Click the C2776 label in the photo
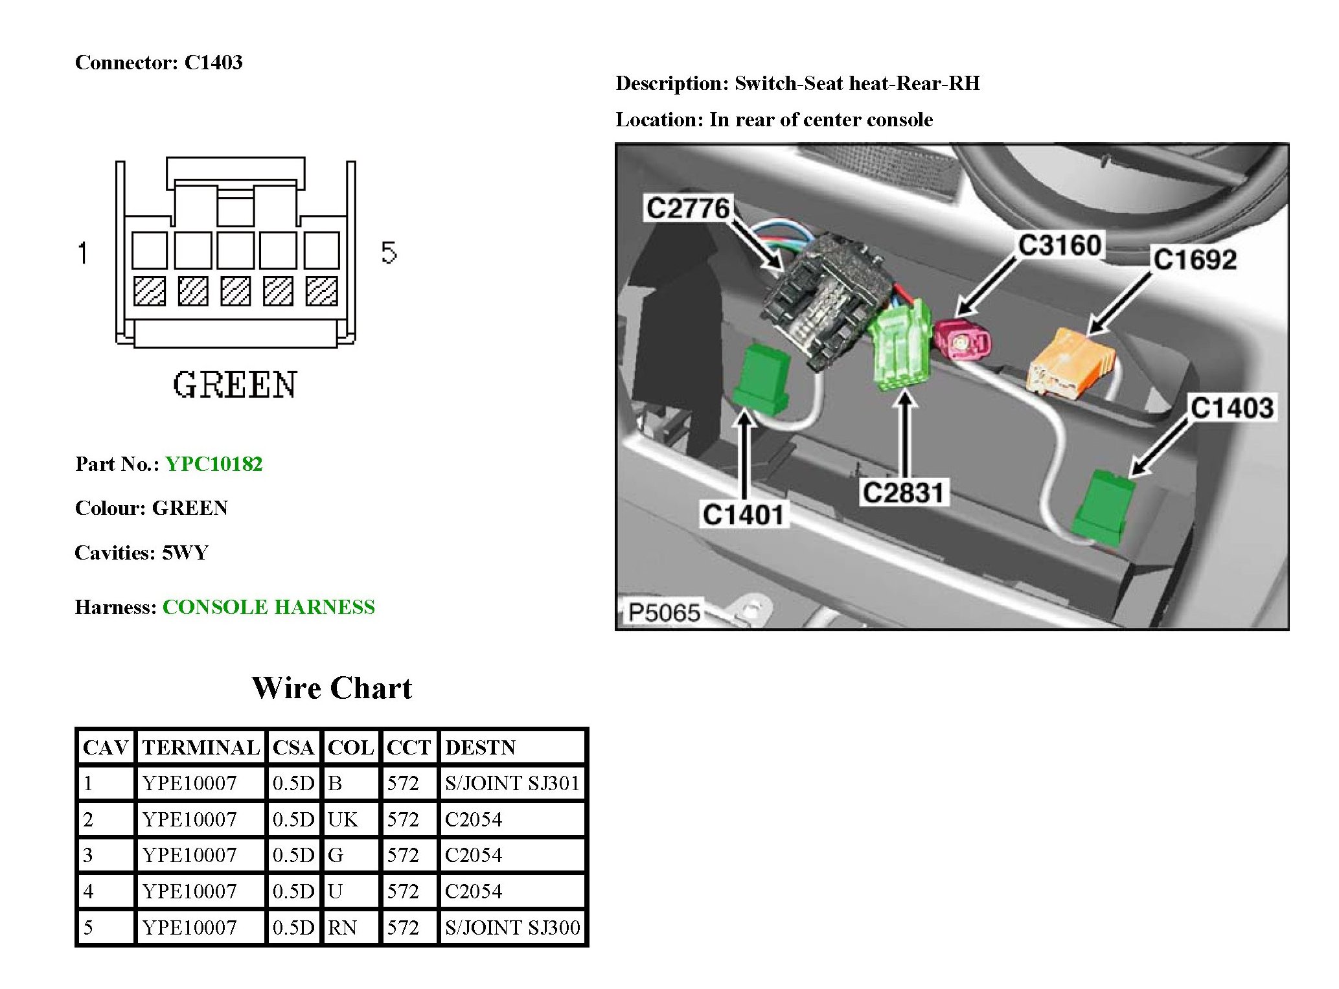(x=688, y=209)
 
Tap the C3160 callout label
(x=1060, y=245)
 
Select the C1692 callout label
(x=1195, y=260)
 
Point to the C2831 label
(x=904, y=493)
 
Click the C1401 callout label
(x=744, y=515)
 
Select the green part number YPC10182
(x=214, y=464)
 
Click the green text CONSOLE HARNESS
(x=268, y=607)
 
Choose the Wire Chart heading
(x=332, y=688)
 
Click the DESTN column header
(x=480, y=747)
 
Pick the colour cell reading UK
(x=343, y=819)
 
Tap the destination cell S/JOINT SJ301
(x=512, y=783)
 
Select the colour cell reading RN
(x=343, y=927)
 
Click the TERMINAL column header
(x=201, y=747)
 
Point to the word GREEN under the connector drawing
(x=235, y=385)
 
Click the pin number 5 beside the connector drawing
(x=389, y=252)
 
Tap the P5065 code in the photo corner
(x=664, y=612)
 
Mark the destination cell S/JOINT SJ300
(x=512, y=927)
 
